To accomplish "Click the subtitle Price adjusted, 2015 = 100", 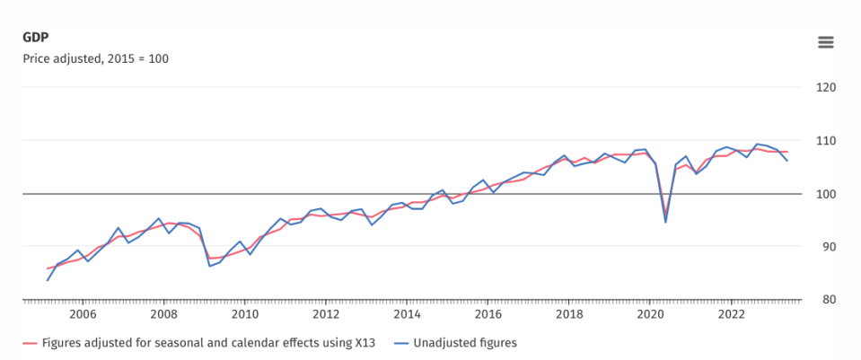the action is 95,58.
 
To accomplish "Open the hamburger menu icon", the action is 826,42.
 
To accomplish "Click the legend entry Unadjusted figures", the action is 456,344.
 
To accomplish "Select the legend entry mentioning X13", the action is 198,344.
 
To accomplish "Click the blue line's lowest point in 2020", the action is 665,223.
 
